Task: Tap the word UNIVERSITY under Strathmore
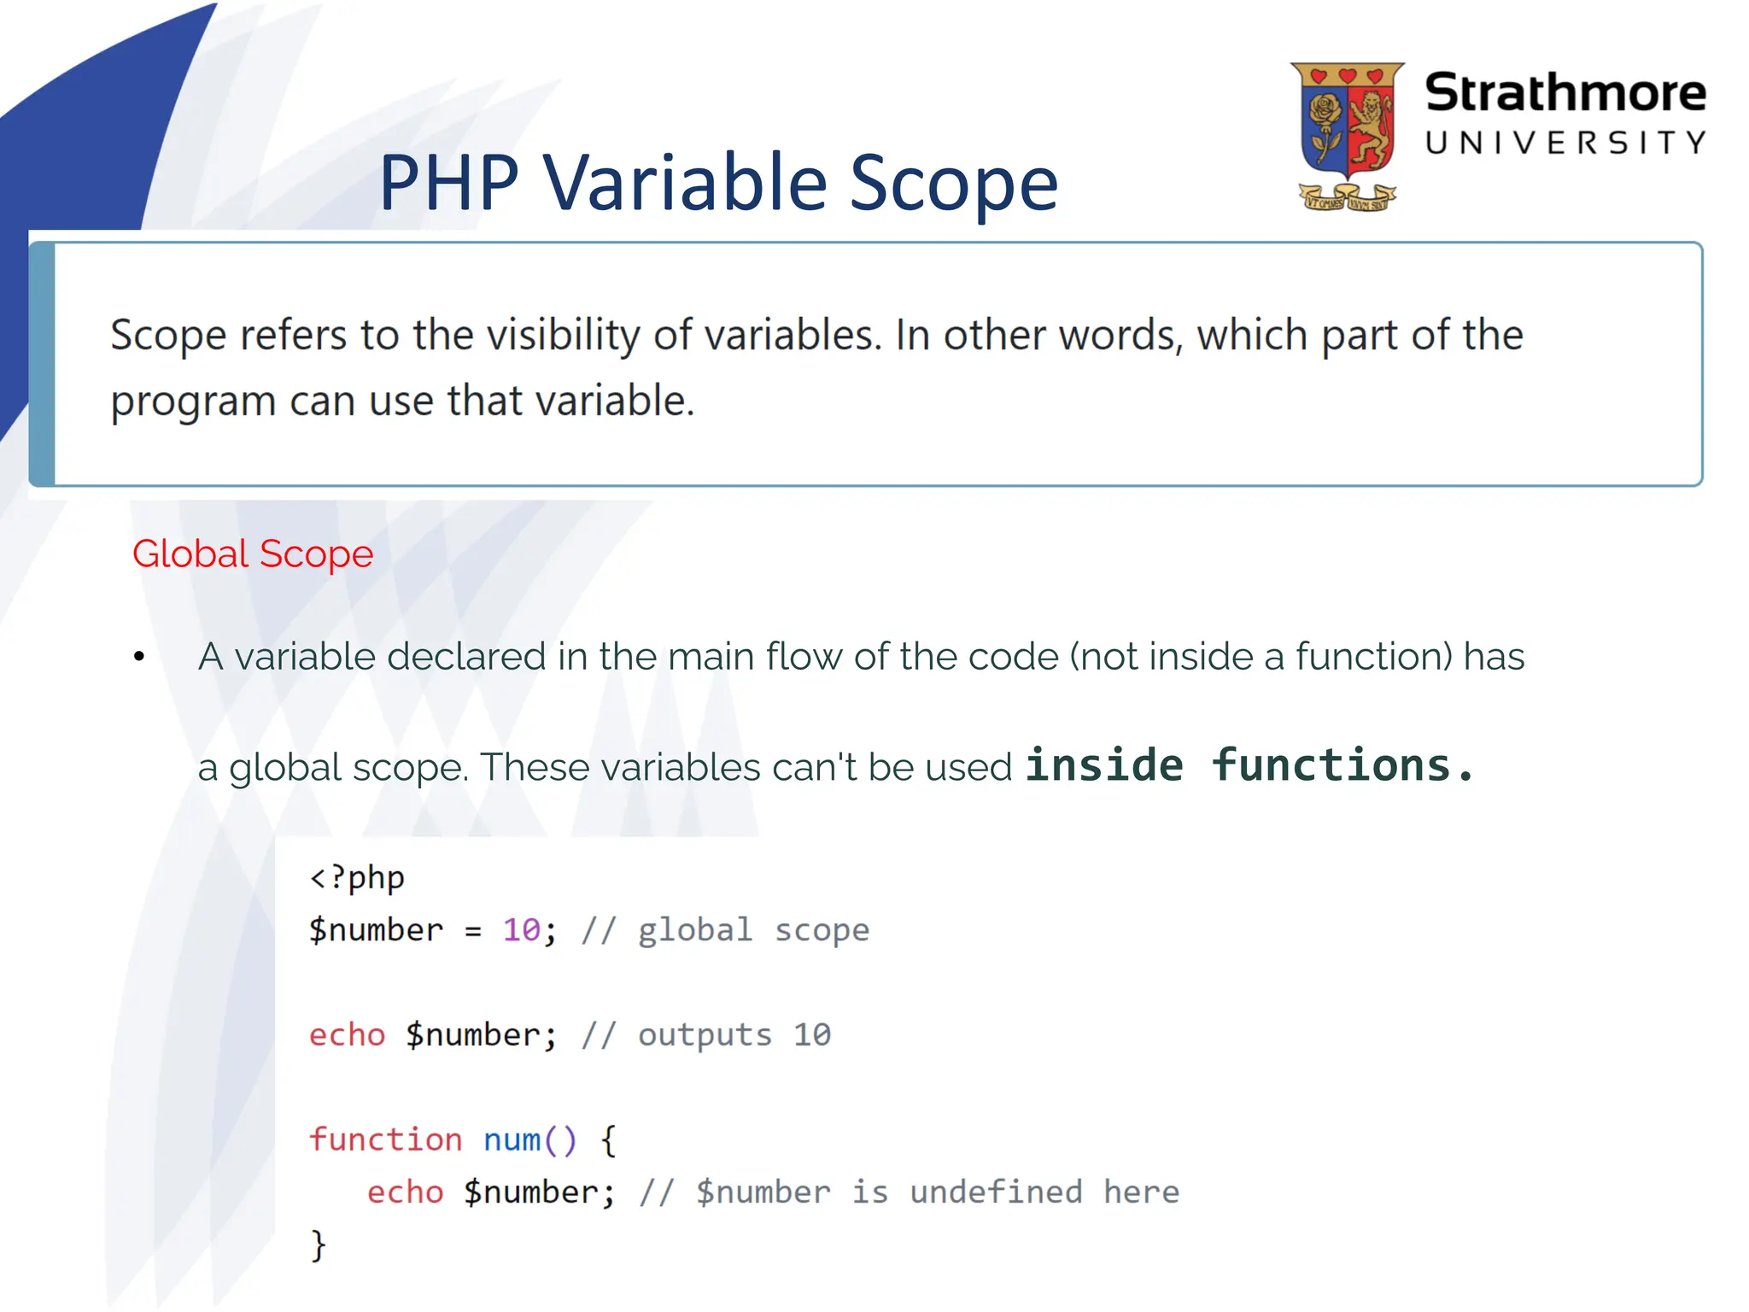click(1565, 143)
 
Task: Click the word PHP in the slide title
click(449, 183)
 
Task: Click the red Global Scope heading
click(253, 553)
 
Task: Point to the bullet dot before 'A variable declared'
click(139, 657)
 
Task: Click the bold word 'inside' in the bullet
click(1104, 764)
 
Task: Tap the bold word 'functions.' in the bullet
click(1342, 764)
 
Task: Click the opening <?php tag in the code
click(356, 878)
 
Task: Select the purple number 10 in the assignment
click(521, 930)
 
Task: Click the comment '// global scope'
click(725, 930)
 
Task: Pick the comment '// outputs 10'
click(705, 1035)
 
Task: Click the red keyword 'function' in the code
click(385, 1140)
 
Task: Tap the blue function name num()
click(529, 1140)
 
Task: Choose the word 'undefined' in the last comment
click(996, 1192)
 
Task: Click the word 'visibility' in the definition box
click(563, 335)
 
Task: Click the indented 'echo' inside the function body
click(405, 1192)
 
